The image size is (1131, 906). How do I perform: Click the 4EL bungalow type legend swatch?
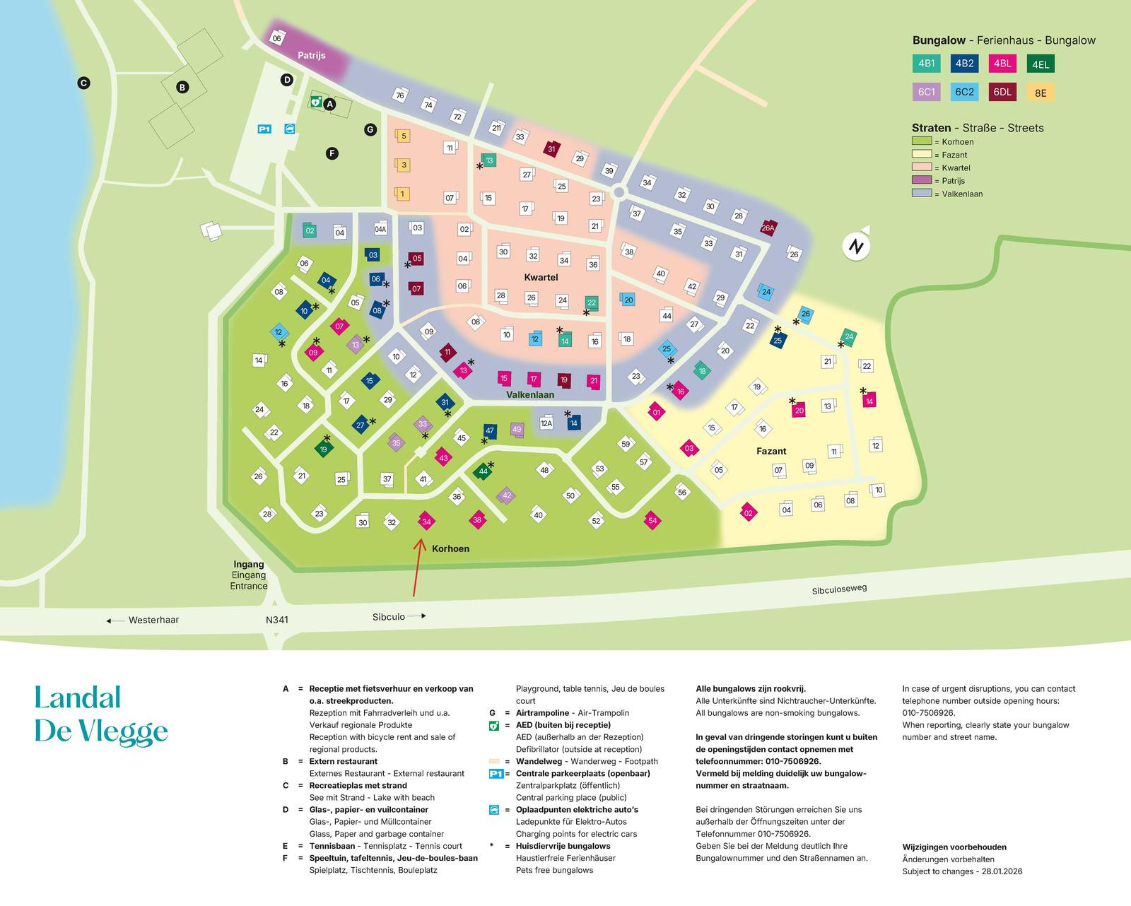pyautogui.click(x=1040, y=64)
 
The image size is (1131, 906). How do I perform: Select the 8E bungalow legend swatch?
pyautogui.click(x=1040, y=93)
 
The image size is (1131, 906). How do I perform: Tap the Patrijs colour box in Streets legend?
pyautogui.click(x=922, y=180)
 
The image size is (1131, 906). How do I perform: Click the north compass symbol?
pyautogui.click(x=856, y=245)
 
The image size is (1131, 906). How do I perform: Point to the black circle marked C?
pyautogui.click(x=83, y=83)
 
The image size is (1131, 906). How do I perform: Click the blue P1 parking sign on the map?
pyautogui.click(x=264, y=129)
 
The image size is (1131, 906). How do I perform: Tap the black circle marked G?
pyautogui.click(x=370, y=129)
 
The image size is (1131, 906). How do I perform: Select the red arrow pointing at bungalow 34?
pyautogui.click(x=417, y=567)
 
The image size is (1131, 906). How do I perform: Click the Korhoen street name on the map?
pyautogui.click(x=450, y=548)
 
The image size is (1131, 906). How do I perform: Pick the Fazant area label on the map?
pyautogui.click(x=771, y=451)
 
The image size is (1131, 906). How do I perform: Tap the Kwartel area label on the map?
pyautogui.click(x=541, y=277)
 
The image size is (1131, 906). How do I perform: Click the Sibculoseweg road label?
pyautogui.click(x=839, y=589)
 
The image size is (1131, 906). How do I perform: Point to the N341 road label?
pyautogui.click(x=277, y=620)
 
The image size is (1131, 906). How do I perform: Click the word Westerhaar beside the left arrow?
pyautogui.click(x=153, y=620)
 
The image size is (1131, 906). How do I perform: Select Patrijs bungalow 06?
pyautogui.click(x=277, y=38)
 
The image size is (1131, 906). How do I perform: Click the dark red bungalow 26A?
pyautogui.click(x=768, y=228)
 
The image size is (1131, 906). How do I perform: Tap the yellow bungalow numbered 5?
pyautogui.click(x=403, y=136)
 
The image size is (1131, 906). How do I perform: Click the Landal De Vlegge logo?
pyautogui.click(x=101, y=714)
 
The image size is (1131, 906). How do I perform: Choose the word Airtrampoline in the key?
pyautogui.click(x=542, y=712)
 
